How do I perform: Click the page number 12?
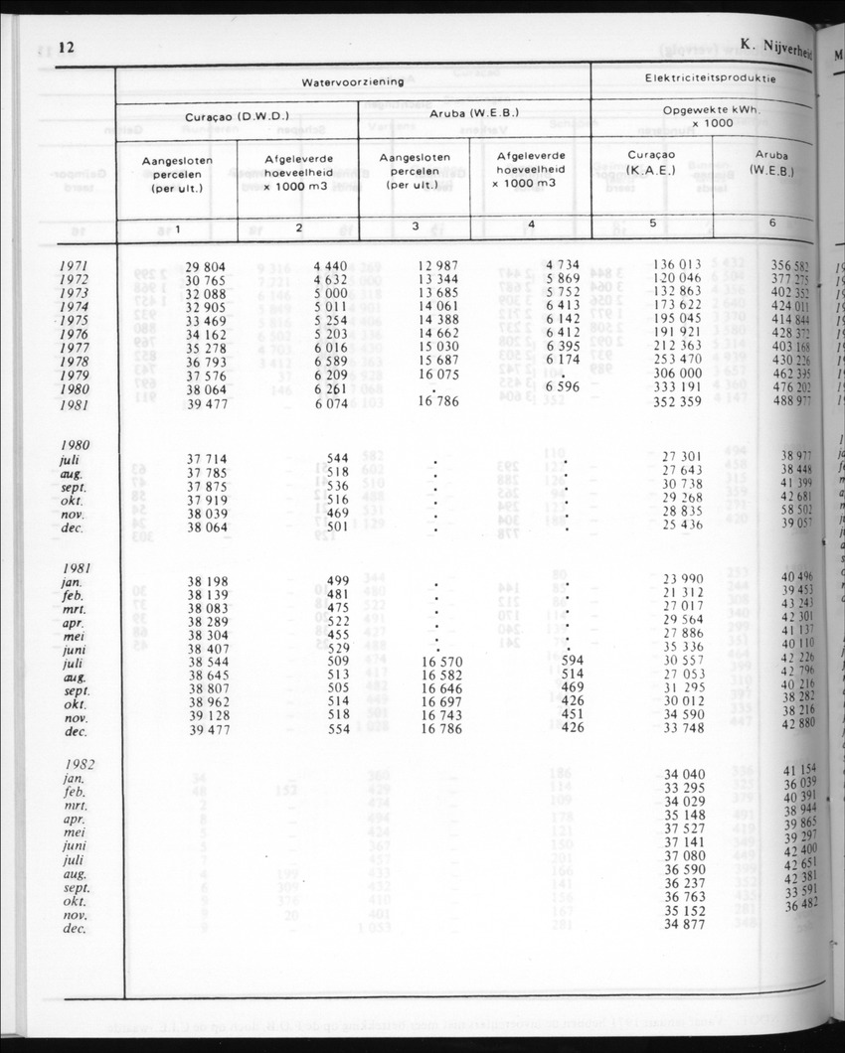point(67,48)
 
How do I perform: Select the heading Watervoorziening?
point(353,81)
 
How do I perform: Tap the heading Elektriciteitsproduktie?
point(710,77)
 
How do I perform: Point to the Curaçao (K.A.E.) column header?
point(651,162)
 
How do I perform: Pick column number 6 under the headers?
point(772,224)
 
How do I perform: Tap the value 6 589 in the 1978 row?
point(330,363)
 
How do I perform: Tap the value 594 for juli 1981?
point(572,660)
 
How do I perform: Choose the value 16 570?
point(441,661)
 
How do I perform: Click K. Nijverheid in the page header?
point(776,44)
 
